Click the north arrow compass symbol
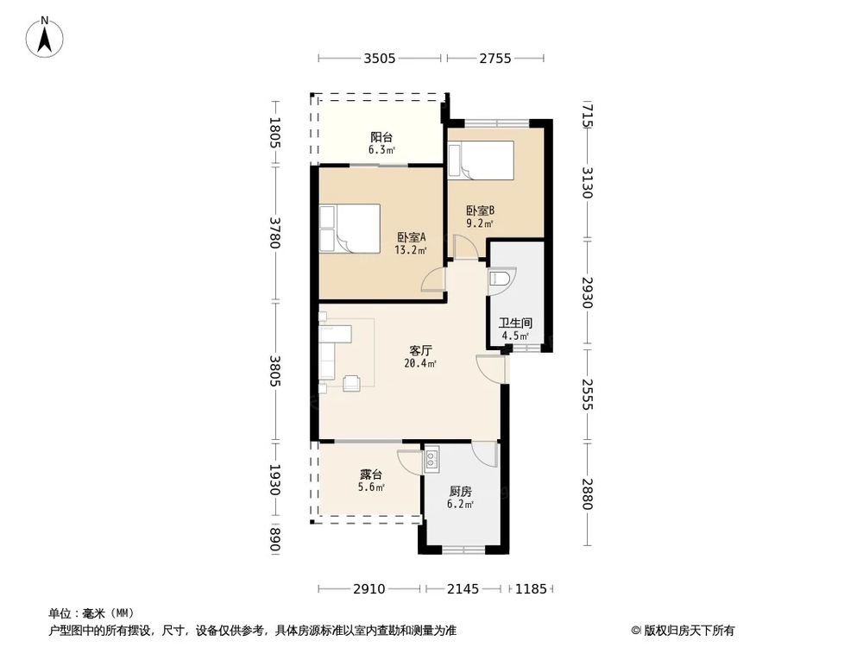point(45,37)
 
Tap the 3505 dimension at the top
point(379,59)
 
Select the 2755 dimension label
point(495,59)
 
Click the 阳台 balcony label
point(381,137)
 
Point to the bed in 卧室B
point(481,160)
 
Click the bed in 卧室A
point(350,229)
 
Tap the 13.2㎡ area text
point(411,250)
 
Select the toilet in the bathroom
point(501,277)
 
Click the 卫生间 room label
point(516,323)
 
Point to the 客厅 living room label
point(420,350)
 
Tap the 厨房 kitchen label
point(460,492)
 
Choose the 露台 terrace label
point(371,474)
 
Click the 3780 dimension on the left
point(275,233)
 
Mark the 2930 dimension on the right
point(588,292)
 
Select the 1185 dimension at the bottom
point(531,589)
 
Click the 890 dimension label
point(275,540)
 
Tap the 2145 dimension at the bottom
point(463,589)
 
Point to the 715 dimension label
point(588,115)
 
